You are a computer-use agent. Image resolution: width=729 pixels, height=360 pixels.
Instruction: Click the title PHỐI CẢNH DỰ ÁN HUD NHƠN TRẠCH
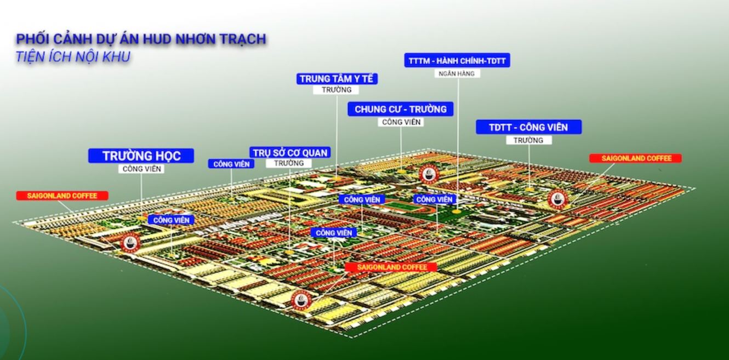pyautogui.click(x=141, y=39)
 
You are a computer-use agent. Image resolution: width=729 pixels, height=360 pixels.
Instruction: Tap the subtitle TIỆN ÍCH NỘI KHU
pyautogui.click(x=73, y=56)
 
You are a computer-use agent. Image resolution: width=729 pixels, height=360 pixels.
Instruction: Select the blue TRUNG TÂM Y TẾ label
pyautogui.click(x=337, y=79)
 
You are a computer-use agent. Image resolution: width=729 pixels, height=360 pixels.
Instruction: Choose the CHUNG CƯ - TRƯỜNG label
pyautogui.click(x=401, y=109)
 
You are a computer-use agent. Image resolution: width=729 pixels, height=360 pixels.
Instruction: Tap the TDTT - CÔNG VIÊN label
pyautogui.click(x=528, y=127)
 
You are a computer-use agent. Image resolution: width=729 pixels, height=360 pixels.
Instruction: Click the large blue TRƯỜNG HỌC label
pyautogui.click(x=141, y=156)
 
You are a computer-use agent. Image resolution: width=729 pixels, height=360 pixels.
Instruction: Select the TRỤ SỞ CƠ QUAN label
pyautogui.click(x=291, y=152)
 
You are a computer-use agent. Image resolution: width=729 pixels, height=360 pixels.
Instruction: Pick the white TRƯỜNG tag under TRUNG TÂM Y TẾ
pyautogui.click(x=337, y=90)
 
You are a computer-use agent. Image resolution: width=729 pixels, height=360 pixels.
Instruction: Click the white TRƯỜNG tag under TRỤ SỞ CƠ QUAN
pyautogui.click(x=289, y=163)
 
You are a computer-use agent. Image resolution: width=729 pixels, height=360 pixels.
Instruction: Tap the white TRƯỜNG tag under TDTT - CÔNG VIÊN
pyautogui.click(x=528, y=140)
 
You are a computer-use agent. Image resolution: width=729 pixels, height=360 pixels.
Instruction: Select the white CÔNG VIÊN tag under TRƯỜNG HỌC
pyautogui.click(x=141, y=169)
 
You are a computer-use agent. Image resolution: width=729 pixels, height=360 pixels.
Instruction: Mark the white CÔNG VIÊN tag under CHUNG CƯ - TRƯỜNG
pyautogui.click(x=401, y=122)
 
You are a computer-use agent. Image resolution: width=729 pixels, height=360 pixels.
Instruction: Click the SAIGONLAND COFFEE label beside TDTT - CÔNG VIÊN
pyautogui.click(x=636, y=158)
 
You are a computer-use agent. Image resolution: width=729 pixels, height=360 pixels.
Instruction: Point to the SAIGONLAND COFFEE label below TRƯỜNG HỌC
pyautogui.click(x=62, y=196)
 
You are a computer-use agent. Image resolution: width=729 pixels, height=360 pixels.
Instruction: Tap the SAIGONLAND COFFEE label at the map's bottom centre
pyautogui.click(x=391, y=267)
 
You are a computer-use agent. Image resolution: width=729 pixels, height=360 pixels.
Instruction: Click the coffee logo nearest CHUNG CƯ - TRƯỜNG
pyautogui.click(x=428, y=174)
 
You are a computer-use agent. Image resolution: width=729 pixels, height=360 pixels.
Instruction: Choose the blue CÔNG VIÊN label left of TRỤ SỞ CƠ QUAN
pyautogui.click(x=231, y=164)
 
